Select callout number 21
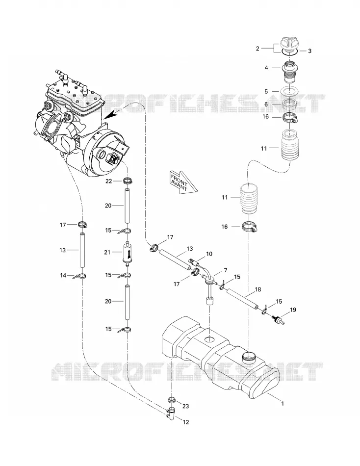point(107,252)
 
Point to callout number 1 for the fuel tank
point(283,403)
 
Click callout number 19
point(293,310)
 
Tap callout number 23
point(185,406)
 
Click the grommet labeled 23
point(172,399)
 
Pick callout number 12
point(185,422)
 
